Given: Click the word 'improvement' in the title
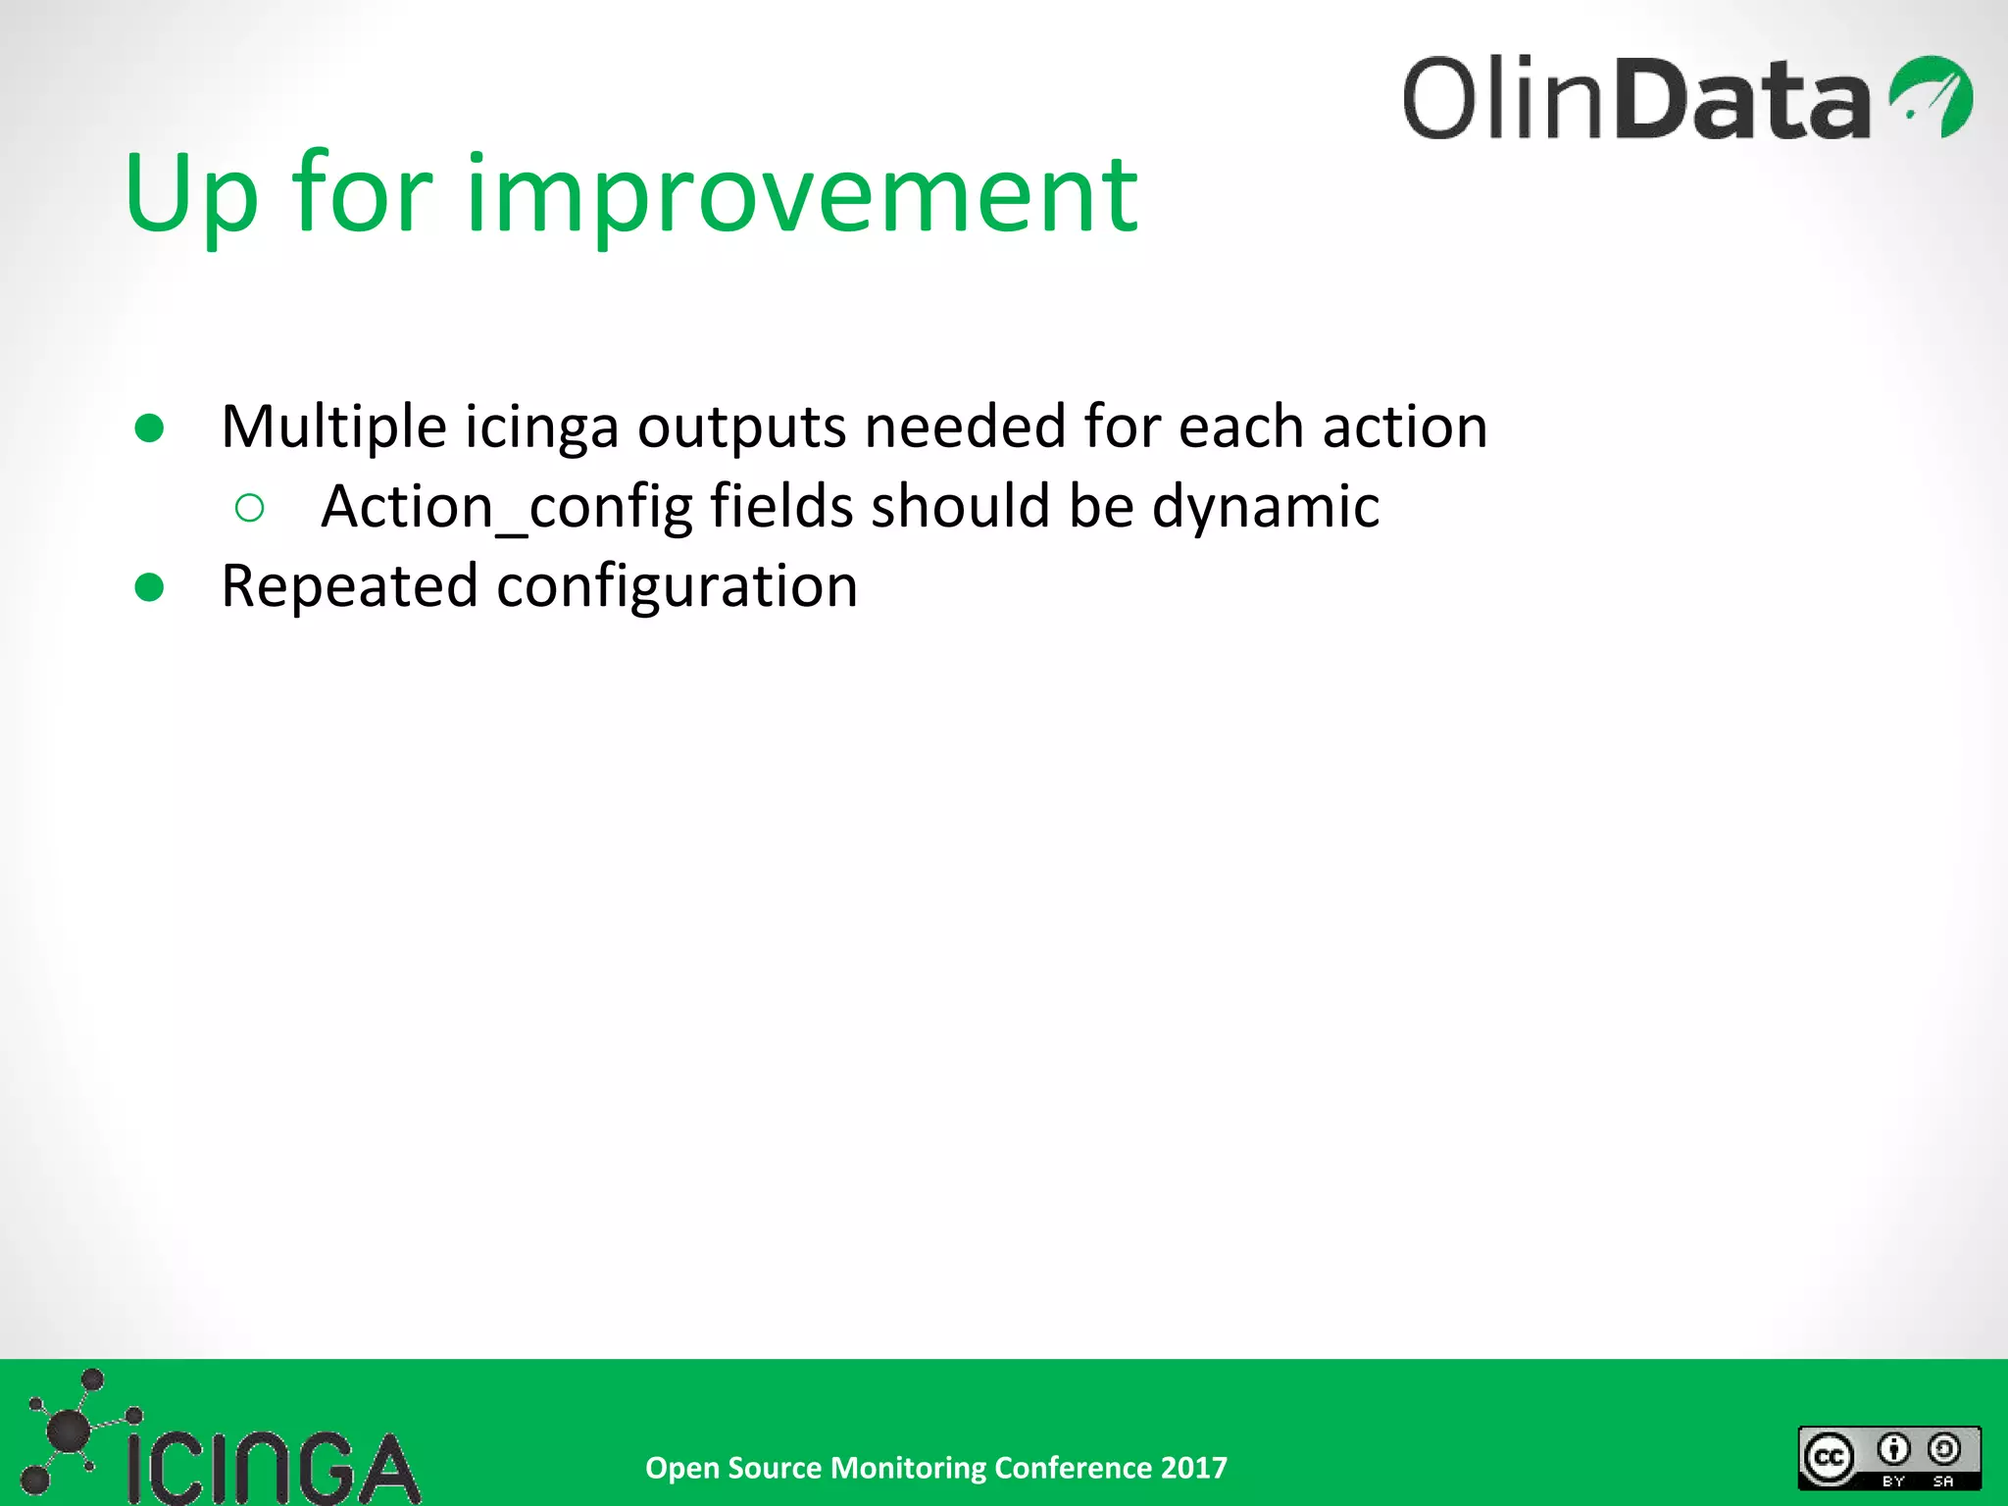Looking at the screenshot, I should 801,196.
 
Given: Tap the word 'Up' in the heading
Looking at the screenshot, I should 191,196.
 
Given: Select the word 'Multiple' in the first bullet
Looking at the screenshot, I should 333,427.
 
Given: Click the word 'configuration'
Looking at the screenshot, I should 677,586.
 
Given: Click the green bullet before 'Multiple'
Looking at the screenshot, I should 149,428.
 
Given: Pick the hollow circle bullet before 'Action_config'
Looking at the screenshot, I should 250,508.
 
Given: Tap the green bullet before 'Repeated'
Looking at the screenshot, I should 149,587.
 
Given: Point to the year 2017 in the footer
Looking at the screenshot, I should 1193,1468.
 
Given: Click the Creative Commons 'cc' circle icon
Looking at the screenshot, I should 1830,1458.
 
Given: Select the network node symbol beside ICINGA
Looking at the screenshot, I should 69,1431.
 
